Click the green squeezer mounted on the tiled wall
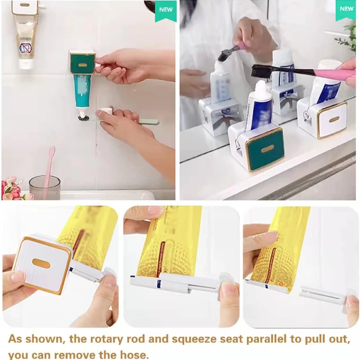(82, 63)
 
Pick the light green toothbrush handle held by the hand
(144, 121)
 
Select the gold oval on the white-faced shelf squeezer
(334, 119)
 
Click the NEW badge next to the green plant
(346, 9)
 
